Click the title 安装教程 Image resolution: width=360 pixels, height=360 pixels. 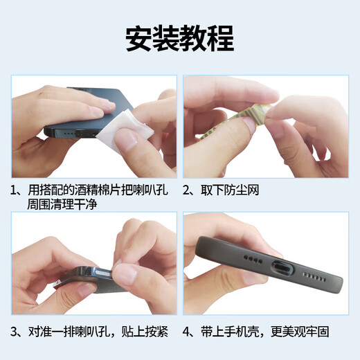tap(179, 39)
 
